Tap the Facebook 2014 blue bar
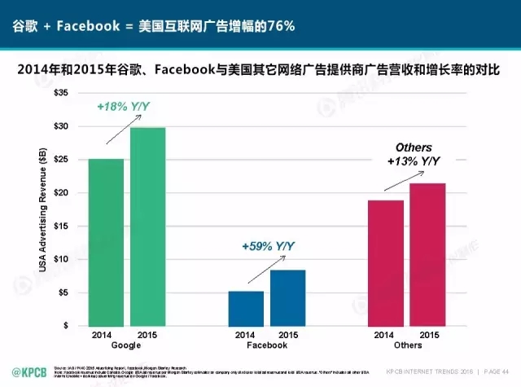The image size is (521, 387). click(x=245, y=308)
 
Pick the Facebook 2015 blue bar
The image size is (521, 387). click(x=287, y=297)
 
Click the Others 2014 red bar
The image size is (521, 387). click(x=386, y=262)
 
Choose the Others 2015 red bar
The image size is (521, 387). click(x=427, y=254)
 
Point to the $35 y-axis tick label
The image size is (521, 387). click(x=61, y=94)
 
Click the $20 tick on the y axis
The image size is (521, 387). click(x=61, y=193)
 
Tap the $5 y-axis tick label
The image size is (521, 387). click(x=63, y=292)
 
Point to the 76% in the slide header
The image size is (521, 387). click(x=278, y=27)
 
